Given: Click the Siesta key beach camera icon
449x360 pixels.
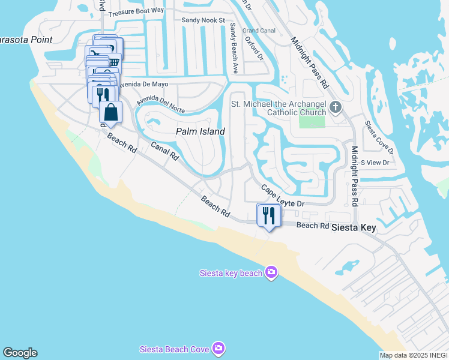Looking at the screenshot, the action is click(x=271, y=273).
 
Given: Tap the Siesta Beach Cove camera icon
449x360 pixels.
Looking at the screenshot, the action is click(x=218, y=348).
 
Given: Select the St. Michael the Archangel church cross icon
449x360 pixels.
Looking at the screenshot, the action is click(x=335, y=108).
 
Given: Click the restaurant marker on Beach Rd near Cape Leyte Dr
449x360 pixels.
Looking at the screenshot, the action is click(x=268, y=215).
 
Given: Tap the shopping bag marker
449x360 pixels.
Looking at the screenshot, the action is click(x=111, y=112).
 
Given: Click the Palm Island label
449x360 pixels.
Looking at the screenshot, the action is click(x=200, y=131).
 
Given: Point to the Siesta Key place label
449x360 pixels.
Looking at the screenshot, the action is click(x=358, y=227).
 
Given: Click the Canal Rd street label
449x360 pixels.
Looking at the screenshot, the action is click(x=164, y=151).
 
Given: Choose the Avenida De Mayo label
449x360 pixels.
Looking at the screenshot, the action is click(x=143, y=85).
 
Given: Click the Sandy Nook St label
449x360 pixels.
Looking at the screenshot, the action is click(x=203, y=20).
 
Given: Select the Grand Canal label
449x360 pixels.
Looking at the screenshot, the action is click(x=259, y=31).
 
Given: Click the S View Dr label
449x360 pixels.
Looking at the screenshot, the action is click(x=375, y=163).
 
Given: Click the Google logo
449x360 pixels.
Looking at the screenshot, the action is click(x=20, y=353).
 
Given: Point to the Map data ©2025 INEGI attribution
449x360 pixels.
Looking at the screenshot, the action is click(x=414, y=355).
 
